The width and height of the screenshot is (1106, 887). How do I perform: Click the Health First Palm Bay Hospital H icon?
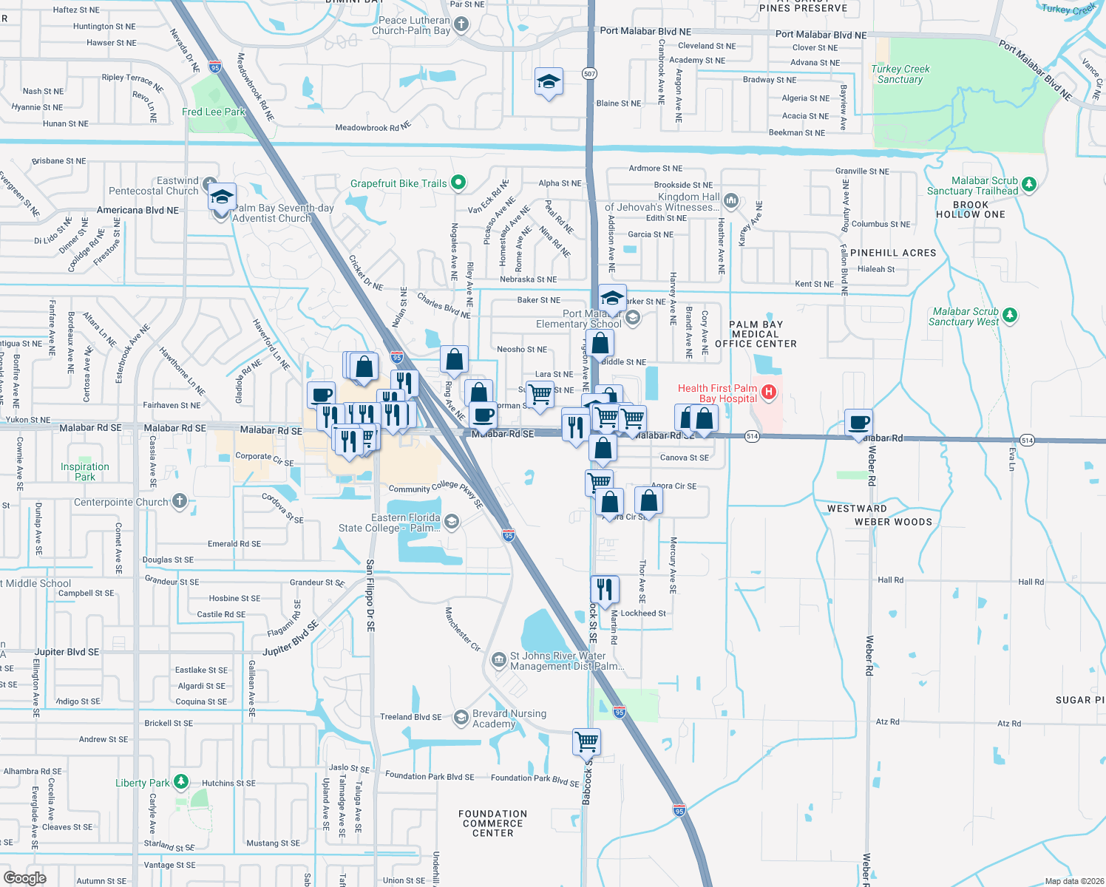[x=769, y=392]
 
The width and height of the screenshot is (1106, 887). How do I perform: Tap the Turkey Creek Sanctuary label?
[x=900, y=74]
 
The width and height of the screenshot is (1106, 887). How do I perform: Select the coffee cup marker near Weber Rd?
[x=858, y=423]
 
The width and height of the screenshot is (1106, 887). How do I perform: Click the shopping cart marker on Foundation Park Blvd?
[x=586, y=741]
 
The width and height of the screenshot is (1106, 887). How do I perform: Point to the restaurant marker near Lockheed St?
[x=605, y=590]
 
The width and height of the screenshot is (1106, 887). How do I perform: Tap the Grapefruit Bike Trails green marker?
[x=458, y=182]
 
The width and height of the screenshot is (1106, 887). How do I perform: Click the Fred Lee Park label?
[x=214, y=112]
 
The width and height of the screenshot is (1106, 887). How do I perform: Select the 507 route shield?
[x=589, y=74]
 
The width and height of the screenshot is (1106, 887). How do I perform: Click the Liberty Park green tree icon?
[x=181, y=782]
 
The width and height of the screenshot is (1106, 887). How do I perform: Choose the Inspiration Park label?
[x=85, y=472]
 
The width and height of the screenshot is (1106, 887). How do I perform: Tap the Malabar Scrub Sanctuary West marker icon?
[x=1010, y=316]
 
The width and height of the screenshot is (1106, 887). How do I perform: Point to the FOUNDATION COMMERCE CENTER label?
[x=493, y=823]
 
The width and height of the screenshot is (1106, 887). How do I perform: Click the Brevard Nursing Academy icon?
[x=461, y=718]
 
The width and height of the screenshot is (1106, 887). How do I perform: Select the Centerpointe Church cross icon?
[x=180, y=501]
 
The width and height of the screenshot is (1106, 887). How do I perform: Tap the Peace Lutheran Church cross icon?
[x=461, y=25]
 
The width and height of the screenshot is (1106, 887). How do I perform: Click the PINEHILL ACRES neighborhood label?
[x=893, y=253]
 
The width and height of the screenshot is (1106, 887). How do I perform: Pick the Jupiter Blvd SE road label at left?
[x=67, y=652]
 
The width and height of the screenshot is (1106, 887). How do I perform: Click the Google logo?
[x=25, y=878]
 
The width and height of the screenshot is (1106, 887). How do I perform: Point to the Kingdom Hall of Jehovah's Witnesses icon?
[x=731, y=200]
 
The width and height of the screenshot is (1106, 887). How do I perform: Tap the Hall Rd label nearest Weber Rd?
[x=890, y=580]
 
